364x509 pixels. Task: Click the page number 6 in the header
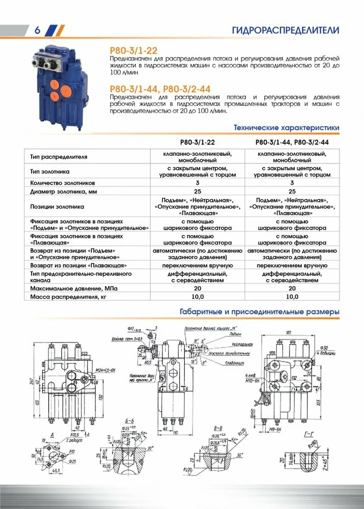pos(37,30)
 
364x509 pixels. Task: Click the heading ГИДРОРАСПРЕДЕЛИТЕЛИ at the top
pos(285,30)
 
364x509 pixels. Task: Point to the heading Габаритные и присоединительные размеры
pos(260,311)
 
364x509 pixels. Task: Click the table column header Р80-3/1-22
pos(199,142)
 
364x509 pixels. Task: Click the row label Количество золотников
pos(69,183)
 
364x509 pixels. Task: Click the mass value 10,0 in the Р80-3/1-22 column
pos(199,296)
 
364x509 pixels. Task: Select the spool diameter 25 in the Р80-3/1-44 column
pos(292,192)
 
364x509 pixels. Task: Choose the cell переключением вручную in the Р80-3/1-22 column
pos(199,266)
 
